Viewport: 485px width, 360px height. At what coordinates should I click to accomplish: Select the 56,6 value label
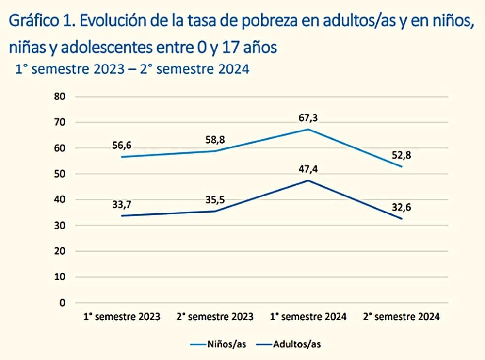click(122, 146)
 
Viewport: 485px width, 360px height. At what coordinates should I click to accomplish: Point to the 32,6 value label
click(401, 207)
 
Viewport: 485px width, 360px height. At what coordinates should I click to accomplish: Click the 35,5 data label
click(215, 199)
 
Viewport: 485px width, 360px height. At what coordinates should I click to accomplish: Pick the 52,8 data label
click(401, 155)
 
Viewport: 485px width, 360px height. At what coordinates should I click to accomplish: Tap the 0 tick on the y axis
click(62, 303)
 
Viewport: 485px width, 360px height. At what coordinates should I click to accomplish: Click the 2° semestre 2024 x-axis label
click(401, 317)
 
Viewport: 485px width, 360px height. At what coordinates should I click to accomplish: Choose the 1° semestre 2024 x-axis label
click(308, 317)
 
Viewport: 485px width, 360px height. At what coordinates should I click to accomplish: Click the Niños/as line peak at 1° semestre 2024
click(308, 129)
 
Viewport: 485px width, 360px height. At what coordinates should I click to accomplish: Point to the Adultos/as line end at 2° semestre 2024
click(401, 219)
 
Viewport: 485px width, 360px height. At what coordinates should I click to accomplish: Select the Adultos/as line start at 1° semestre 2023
click(122, 216)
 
